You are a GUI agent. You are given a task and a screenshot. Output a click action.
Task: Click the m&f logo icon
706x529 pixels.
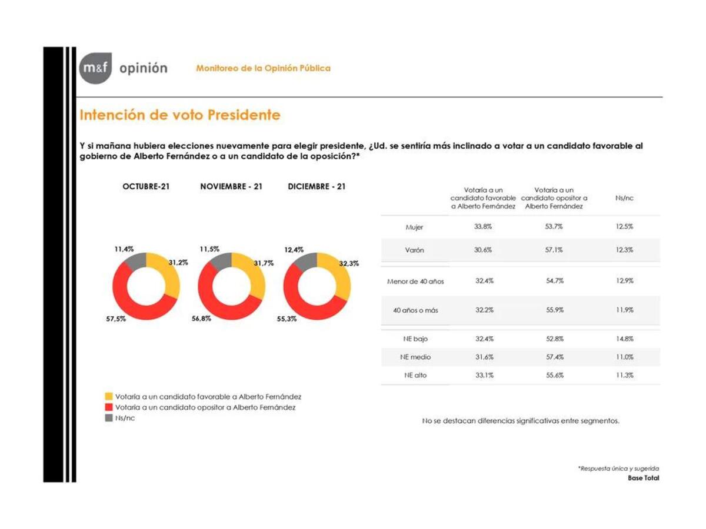point(95,69)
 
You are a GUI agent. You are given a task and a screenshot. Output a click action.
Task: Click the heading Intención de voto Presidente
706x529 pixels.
point(180,115)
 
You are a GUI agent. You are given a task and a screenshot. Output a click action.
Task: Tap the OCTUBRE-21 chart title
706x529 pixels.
point(146,186)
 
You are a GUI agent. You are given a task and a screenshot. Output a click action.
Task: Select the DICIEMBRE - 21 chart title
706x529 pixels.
point(317,186)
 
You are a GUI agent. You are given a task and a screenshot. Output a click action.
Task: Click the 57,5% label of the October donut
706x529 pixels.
point(115,319)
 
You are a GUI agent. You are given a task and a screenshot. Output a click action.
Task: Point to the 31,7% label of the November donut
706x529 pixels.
point(264,263)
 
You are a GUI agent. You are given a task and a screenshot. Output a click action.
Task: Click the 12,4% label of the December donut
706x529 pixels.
point(294,250)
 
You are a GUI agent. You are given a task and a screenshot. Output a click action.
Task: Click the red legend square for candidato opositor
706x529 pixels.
point(109,407)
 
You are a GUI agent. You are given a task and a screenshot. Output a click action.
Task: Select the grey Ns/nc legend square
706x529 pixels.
point(109,418)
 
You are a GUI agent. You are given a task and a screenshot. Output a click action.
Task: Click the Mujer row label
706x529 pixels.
point(414,227)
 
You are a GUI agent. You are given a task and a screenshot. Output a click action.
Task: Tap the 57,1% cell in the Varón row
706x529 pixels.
point(554,250)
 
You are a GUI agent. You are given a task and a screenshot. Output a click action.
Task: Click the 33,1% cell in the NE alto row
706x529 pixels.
point(484,375)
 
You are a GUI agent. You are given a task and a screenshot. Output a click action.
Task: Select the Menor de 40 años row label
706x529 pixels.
point(415,282)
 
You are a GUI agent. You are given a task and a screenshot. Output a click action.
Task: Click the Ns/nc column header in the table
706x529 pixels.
point(624,199)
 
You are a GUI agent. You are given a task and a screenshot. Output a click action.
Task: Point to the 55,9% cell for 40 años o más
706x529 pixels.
point(554,310)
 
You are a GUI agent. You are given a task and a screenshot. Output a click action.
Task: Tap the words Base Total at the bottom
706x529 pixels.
point(644,478)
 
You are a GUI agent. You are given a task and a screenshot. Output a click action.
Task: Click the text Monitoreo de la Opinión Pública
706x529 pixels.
point(263,68)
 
